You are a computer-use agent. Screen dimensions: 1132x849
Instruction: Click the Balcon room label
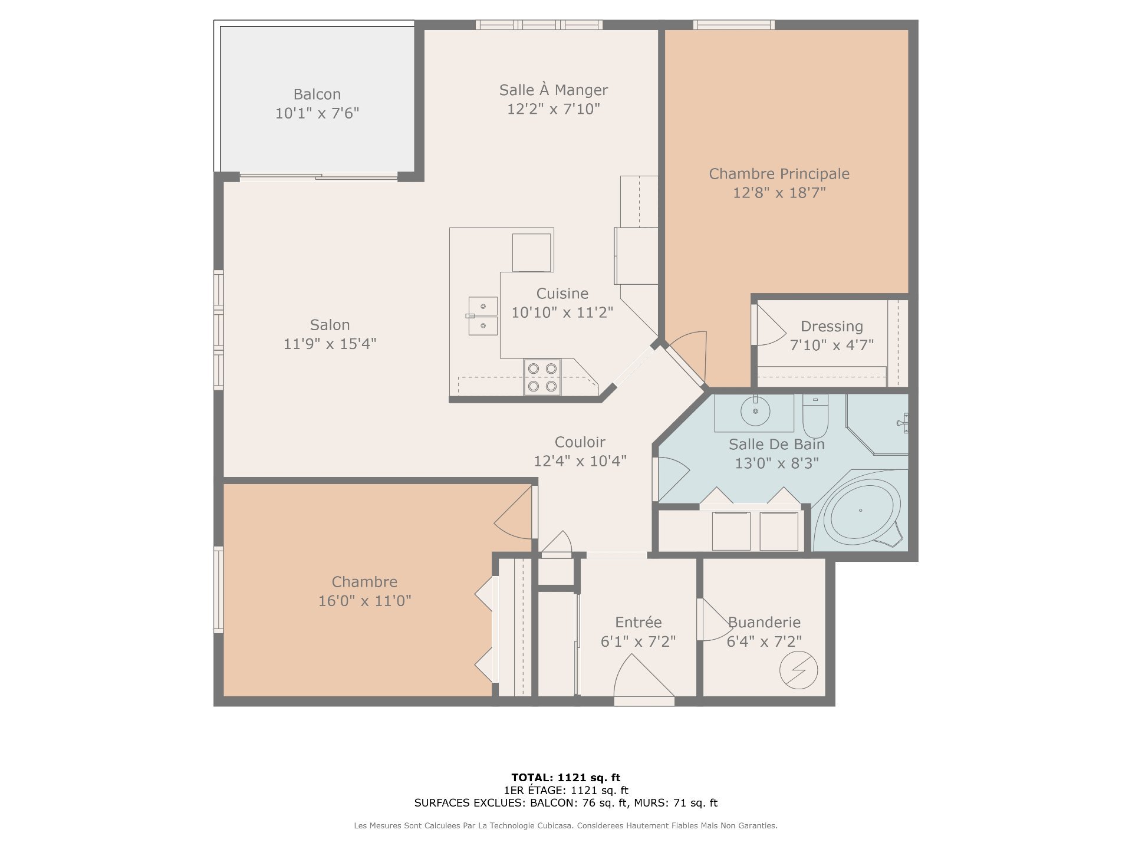point(317,94)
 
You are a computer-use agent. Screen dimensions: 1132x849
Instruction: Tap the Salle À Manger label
point(553,90)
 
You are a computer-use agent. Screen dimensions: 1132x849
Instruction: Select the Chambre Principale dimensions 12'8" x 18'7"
point(779,193)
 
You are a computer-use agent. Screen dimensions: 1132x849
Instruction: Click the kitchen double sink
point(483,315)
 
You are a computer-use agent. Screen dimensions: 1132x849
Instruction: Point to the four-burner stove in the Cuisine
point(542,377)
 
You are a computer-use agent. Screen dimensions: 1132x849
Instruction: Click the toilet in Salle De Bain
point(815,415)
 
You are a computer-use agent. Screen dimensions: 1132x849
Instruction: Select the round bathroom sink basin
point(755,411)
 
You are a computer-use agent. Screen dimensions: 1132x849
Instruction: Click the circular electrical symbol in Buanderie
point(798,670)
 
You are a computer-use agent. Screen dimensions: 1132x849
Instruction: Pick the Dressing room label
point(831,326)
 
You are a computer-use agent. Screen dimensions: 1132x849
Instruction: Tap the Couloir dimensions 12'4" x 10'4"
point(580,461)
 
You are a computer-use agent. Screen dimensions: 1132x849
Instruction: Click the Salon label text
point(330,325)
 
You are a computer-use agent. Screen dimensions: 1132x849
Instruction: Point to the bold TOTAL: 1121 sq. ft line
point(565,778)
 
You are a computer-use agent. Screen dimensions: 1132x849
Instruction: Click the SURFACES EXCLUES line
point(565,803)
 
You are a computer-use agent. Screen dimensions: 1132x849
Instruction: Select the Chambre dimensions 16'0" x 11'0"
point(364,601)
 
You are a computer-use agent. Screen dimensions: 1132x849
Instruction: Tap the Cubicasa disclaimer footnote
point(565,826)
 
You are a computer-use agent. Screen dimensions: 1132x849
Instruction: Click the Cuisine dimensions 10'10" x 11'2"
point(562,312)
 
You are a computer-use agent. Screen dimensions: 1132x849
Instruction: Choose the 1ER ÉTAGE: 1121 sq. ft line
point(565,791)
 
